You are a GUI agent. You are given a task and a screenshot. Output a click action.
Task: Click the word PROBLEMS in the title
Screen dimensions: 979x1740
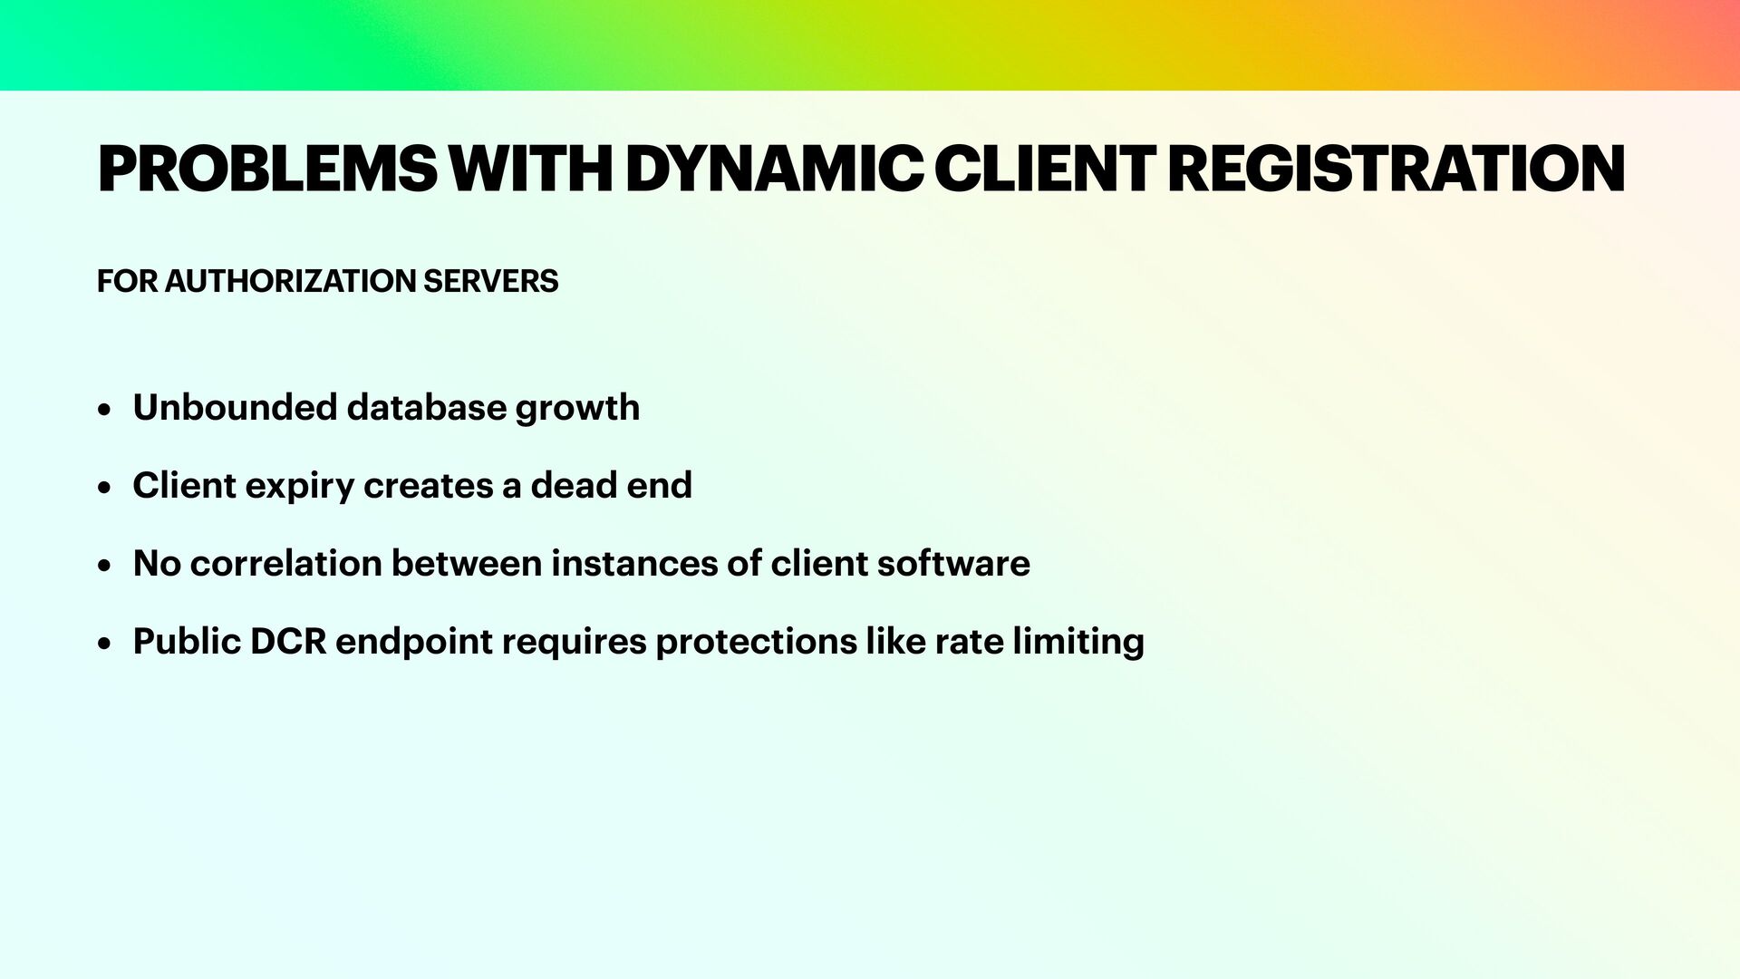266,170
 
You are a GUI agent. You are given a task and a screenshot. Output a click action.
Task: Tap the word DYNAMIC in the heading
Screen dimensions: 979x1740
774,170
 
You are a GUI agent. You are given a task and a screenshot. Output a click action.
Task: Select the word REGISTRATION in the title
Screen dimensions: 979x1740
1396,170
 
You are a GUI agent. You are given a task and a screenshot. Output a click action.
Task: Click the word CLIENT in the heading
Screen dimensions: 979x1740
1045,170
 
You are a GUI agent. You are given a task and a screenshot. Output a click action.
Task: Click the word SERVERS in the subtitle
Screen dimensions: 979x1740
490,282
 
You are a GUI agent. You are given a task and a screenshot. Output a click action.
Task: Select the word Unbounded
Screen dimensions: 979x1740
235,408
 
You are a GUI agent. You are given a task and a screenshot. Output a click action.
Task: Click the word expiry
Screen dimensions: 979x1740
299,487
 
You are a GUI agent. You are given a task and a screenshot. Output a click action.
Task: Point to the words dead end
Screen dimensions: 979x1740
611,486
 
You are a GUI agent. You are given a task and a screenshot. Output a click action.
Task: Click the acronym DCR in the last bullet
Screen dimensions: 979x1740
287,642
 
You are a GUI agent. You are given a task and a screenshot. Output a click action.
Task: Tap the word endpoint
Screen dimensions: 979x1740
413,643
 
